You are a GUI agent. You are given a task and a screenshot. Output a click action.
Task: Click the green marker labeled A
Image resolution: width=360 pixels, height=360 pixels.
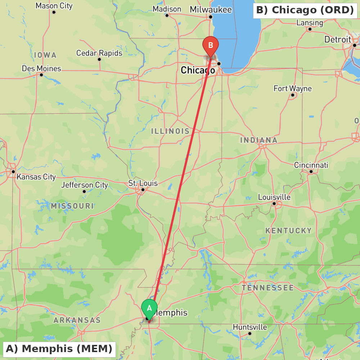click(149, 309)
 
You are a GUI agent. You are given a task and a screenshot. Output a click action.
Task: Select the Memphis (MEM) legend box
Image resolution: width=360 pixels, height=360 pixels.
click(59, 349)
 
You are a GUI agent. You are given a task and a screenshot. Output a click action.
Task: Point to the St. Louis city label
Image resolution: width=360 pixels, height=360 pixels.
click(143, 183)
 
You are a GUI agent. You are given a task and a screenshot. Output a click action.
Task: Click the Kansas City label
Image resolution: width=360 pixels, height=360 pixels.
click(36, 177)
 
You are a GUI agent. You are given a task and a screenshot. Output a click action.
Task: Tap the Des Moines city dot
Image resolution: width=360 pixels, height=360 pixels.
click(41, 75)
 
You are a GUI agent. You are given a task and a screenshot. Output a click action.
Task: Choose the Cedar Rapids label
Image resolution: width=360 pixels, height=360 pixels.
click(99, 53)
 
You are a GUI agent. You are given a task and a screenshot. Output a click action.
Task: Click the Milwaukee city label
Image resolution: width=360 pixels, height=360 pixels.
click(211, 9)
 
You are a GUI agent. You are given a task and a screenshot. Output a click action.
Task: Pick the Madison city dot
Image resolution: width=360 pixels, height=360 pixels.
click(167, 15)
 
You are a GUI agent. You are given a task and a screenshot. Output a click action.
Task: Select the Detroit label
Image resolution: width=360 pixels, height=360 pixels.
click(337, 39)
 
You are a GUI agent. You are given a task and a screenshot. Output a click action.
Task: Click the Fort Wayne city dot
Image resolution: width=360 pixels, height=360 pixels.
click(293, 95)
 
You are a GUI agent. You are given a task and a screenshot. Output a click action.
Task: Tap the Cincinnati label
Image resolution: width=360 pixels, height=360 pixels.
click(311, 165)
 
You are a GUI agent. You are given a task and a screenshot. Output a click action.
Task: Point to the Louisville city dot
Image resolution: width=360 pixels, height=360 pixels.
click(274, 203)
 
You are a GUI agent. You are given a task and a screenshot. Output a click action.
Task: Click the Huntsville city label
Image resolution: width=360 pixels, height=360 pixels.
click(250, 327)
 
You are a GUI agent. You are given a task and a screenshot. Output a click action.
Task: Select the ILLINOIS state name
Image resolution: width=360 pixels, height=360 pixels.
click(170, 131)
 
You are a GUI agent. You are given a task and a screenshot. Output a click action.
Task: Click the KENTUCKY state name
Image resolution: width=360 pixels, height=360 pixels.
click(288, 230)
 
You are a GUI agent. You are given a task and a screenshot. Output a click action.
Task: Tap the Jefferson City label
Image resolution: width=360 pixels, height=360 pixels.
click(85, 185)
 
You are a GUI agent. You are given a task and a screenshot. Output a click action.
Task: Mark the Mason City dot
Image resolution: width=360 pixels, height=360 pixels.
click(54, 12)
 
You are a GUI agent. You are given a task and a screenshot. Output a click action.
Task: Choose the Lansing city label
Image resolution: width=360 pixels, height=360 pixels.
click(310, 23)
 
